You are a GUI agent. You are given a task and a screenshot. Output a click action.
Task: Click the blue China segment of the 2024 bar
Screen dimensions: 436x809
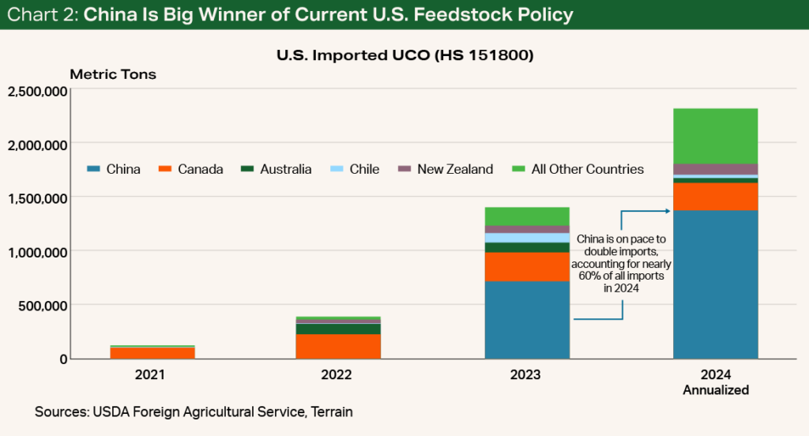coord(715,284)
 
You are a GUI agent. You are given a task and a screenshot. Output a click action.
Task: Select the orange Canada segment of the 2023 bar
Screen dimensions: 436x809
coord(527,267)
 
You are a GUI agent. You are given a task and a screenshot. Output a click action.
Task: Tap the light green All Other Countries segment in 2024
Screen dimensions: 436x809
coord(715,136)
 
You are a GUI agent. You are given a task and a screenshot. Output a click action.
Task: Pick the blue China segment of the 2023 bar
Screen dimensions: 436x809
coord(527,320)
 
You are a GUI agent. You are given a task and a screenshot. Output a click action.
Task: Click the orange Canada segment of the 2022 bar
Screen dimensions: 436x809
coord(338,346)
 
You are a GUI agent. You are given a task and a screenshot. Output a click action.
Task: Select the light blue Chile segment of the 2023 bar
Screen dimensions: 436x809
coord(527,238)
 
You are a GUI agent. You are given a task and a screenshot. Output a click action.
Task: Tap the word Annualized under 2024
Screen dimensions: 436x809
coord(715,390)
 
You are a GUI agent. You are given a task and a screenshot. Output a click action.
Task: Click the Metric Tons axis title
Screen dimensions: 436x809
coord(113,75)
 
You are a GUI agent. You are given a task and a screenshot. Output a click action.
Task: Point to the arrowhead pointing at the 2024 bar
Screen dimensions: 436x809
coord(668,210)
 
